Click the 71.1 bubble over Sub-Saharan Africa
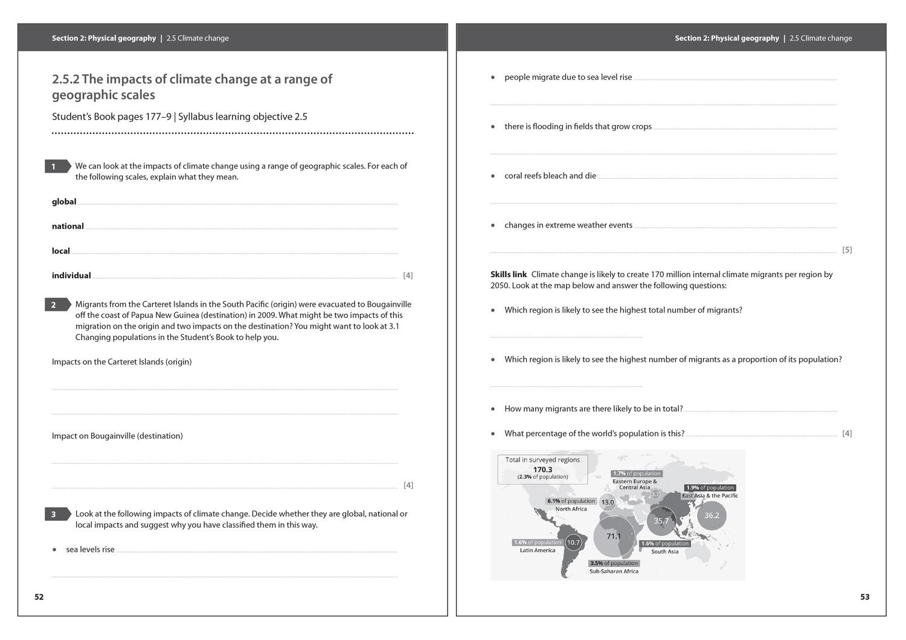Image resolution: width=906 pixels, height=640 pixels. coord(614,536)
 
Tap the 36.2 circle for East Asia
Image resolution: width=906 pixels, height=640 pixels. coord(712,516)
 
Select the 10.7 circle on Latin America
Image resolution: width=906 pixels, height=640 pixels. coord(573,542)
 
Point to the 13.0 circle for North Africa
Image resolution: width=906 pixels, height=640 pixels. coord(608,502)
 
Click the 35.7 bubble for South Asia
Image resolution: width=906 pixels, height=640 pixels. coord(661,520)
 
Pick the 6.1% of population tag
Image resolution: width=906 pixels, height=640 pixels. coord(571,501)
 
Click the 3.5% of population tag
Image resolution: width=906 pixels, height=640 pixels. coord(614,563)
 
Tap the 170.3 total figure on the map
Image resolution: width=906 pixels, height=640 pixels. coord(542,469)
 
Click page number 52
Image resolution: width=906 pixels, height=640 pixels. coord(39,597)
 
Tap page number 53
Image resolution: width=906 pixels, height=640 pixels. coord(865,597)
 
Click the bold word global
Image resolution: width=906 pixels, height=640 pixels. coord(64,202)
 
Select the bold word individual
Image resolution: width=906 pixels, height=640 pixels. coord(71,275)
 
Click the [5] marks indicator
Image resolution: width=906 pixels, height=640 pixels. coord(847,250)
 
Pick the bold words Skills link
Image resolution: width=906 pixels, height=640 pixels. coord(509,274)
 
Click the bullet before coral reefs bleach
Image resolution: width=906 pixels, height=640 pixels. coord(493,176)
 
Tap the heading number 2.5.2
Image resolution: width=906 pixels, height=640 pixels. coord(65,79)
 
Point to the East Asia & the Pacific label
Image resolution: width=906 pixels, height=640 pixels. coord(710,496)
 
